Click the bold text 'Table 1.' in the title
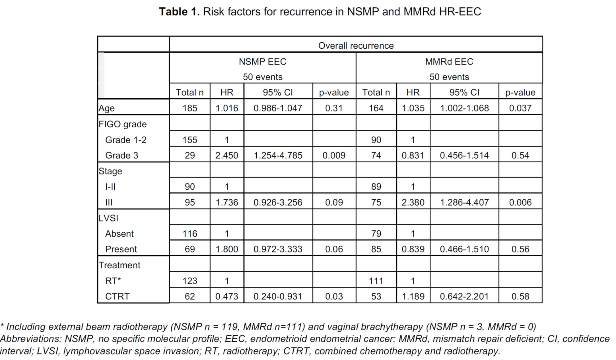[179, 12]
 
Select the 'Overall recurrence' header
[356, 45]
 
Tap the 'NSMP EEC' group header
[262, 61]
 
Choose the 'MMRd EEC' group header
[449, 61]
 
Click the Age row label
[106, 108]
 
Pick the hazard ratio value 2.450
[226, 155]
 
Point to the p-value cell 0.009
[334, 155]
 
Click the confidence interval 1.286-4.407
[464, 202]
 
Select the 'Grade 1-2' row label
[126, 140]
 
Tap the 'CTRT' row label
[117, 296]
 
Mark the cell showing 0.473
[226, 296]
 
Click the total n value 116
[189, 233]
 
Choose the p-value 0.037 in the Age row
[520, 108]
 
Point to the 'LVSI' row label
[108, 218]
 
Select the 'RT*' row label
[113, 281]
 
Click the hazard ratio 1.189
[413, 296]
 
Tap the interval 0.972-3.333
[278, 249]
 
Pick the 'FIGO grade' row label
[122, 124]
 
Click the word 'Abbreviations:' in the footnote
[31, 339]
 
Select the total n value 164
[376, 108]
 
